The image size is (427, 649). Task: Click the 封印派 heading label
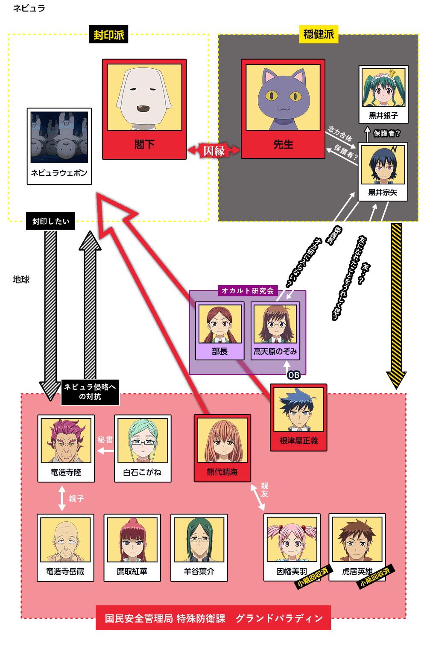click(x=108, y=35)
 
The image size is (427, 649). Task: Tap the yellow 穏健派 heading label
click(x=319, y=35)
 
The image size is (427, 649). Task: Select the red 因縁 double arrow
click(x=214, y=150)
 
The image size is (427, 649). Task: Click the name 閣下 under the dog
click(x=144, y=144)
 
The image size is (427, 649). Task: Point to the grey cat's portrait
click(x=283, y=97)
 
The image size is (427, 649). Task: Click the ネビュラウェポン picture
click(x=59, y=137)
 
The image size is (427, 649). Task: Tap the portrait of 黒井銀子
click(x=383, y=88)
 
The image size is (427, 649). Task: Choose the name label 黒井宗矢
click(x=383, y=193)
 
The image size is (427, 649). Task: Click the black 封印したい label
click(x=51, y=221)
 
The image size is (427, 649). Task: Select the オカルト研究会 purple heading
click(x=248, y=291)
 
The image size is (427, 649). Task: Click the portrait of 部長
click(x=220, y=324)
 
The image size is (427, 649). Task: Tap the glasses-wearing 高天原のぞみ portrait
click(x=275, y=324)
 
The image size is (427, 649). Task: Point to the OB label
click(x=293, y=375)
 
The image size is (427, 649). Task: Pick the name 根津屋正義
click(x=298, y=441)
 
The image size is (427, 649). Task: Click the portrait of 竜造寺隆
click(x=66, y=440)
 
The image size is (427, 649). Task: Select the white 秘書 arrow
click(x=105, y=451)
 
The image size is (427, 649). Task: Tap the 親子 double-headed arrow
click(x=62, y=498)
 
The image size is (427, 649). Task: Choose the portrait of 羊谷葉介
click(x=199, y=540)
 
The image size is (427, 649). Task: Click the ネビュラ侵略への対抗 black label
click(x=90, y=392)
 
